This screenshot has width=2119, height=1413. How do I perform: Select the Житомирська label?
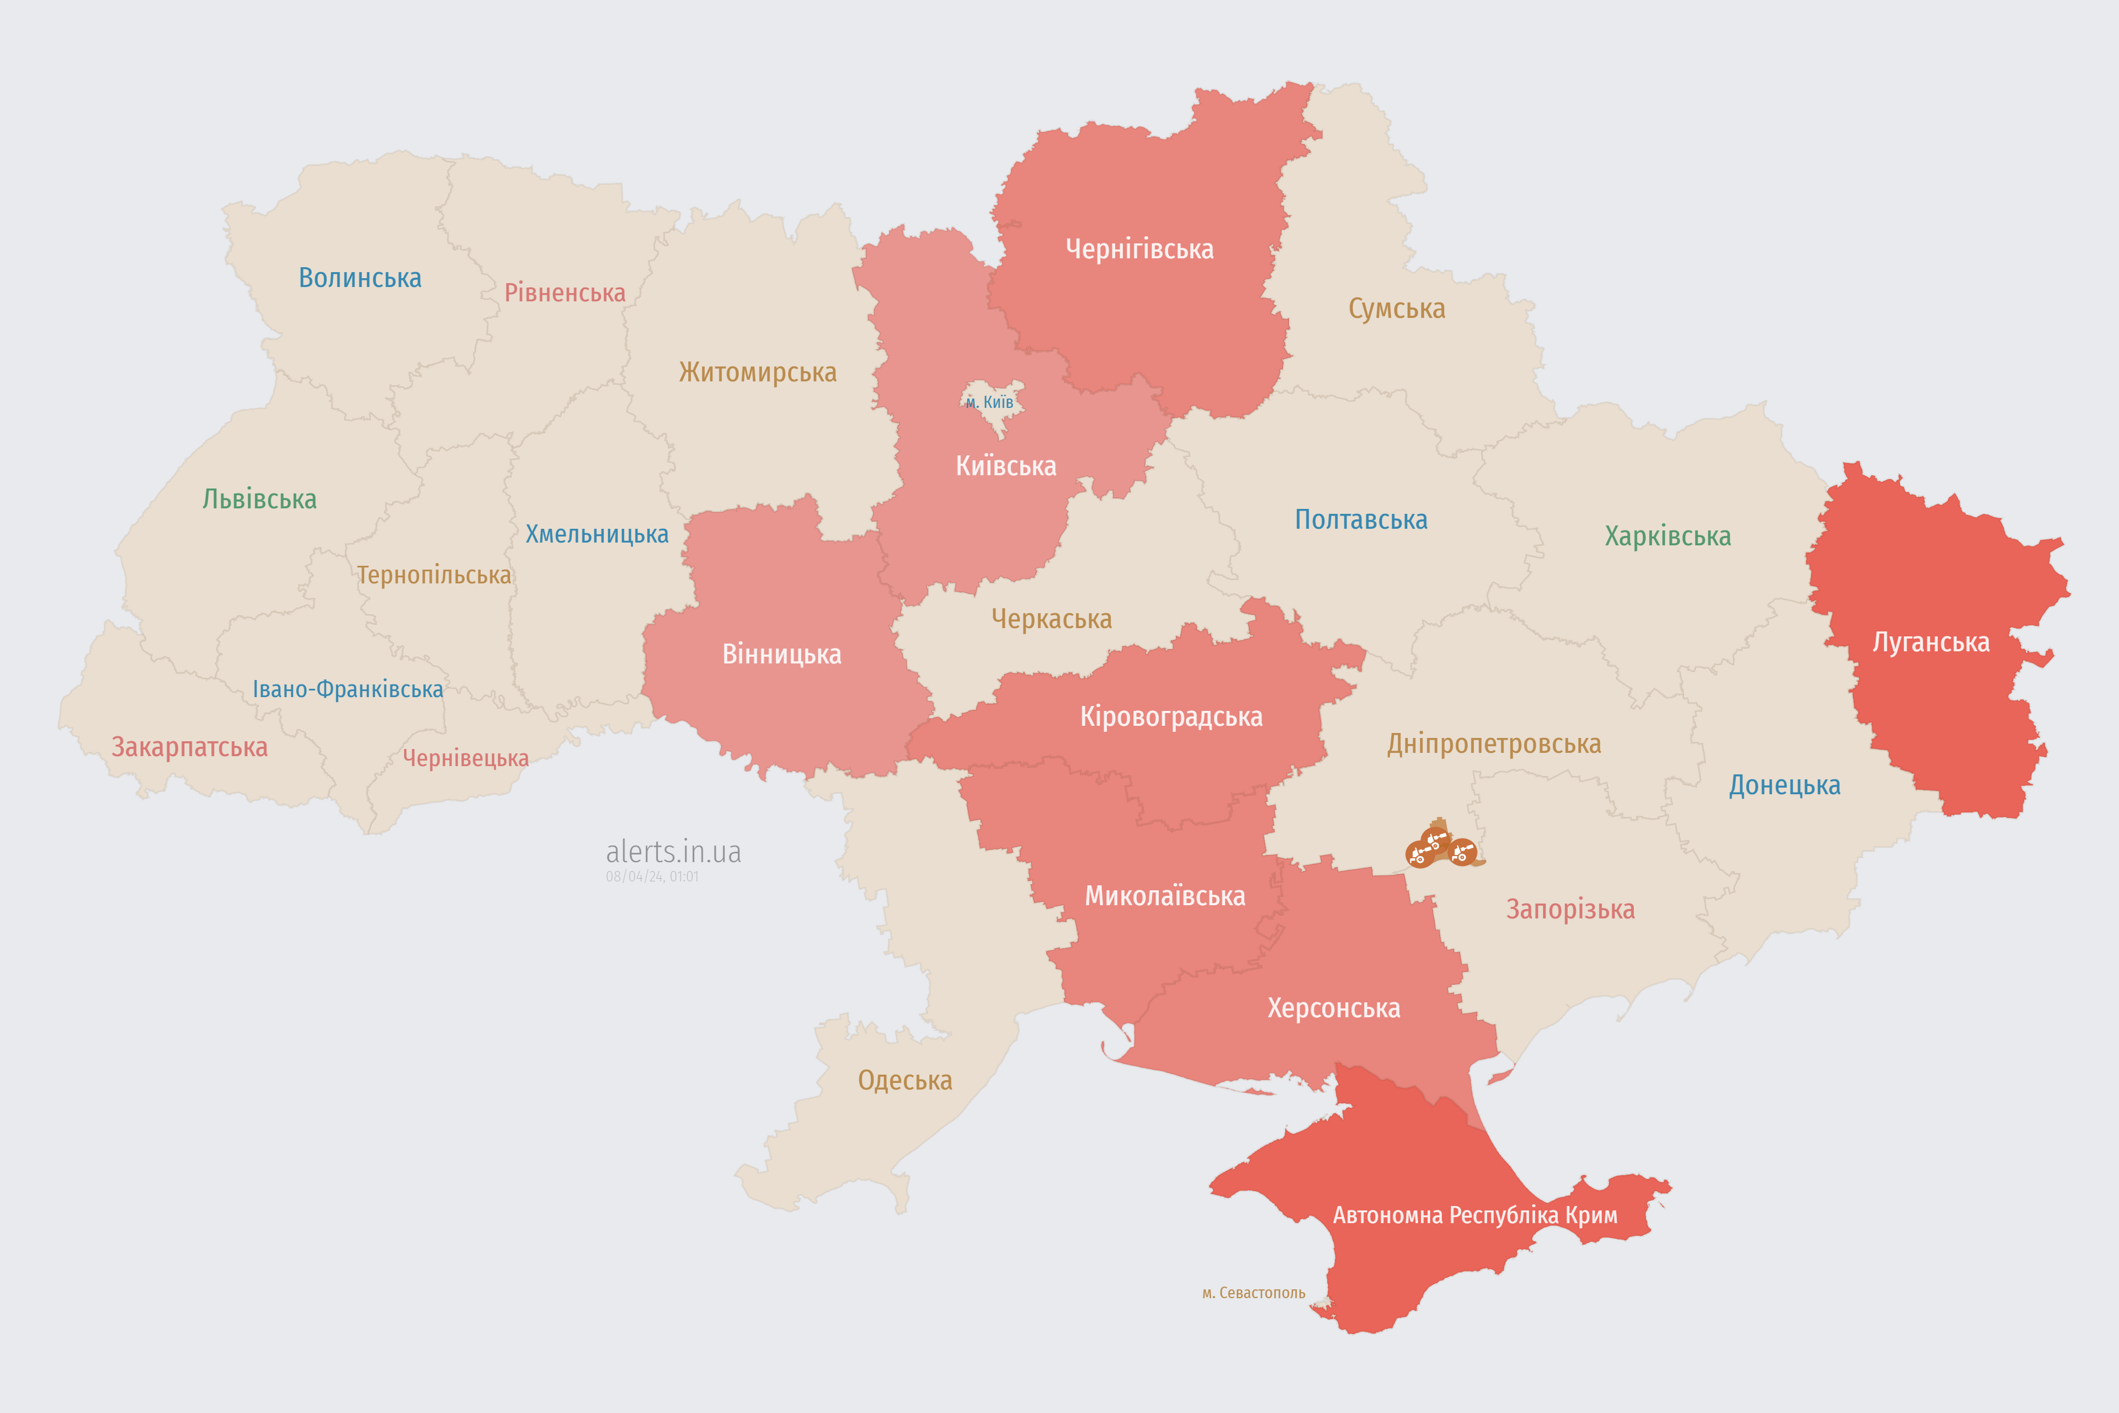click(758, 371)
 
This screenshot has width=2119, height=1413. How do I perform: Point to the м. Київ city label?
click(989, 402)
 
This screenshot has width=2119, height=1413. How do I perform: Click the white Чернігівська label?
click(1139, 249)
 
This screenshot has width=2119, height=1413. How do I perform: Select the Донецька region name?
click(1784, 785)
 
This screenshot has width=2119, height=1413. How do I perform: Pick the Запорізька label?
click(1570, 909)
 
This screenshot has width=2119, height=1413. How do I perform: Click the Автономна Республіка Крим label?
click(1475, 1215)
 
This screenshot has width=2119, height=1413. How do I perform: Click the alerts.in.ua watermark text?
click(673, 852)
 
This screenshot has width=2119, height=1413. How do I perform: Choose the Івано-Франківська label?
click(348, 689)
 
